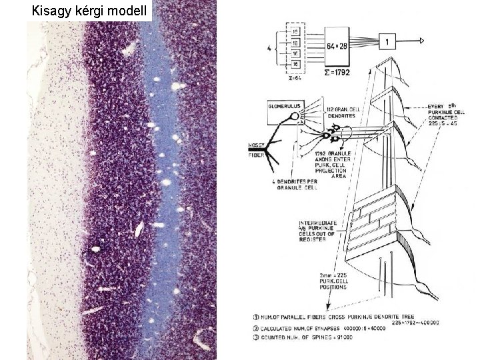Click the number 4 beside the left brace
coord(269,47)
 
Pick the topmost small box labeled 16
coord(295,31)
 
